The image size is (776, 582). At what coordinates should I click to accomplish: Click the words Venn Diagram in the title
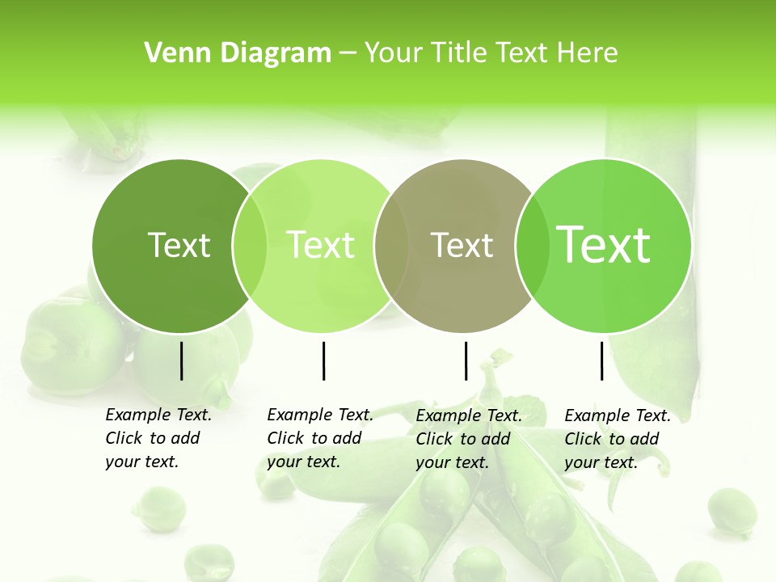click(x=238, y=53)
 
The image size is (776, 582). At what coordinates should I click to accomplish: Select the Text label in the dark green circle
click(x=179, y=245)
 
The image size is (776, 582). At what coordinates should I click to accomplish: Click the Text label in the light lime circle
click(x=320, y=245)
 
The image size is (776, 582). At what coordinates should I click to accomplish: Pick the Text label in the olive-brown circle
click(x=462, y=245)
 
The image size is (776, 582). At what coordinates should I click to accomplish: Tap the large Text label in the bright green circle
click(x=604, y=245)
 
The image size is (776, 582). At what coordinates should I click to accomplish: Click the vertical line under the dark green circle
click(x=181, y=361)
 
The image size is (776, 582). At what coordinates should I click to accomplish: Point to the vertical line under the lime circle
click(x=323, y=361)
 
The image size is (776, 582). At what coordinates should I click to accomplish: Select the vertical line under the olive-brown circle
click(x=466, y=361)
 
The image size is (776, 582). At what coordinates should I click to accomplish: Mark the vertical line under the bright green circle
click(x=602, y=361)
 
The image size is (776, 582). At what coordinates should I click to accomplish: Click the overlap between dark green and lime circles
click(x=250, y=245)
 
